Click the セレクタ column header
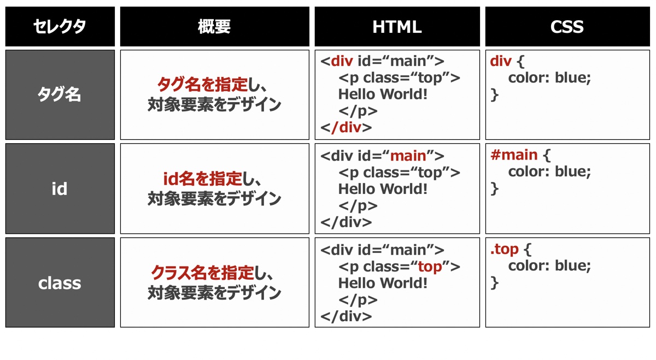coord(60,27)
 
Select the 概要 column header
coord(214,27)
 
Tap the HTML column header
coord(397,27)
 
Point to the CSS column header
coord(567,27)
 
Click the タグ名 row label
coord(60,95)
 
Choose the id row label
coord(60,188)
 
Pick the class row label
coord(60,284)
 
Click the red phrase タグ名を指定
coord(203,85)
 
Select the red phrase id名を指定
coord(203,179)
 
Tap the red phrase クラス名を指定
coord(202,273)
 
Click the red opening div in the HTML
coord(342,61)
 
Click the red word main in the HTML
coord(408,156)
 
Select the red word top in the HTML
coord(430,267)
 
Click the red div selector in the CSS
coord(501,61)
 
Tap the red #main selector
coord(514,155)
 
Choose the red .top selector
coord(504,250)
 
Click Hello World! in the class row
coord(383,284)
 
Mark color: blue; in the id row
coord(549,172)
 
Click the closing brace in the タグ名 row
coord(495,95)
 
